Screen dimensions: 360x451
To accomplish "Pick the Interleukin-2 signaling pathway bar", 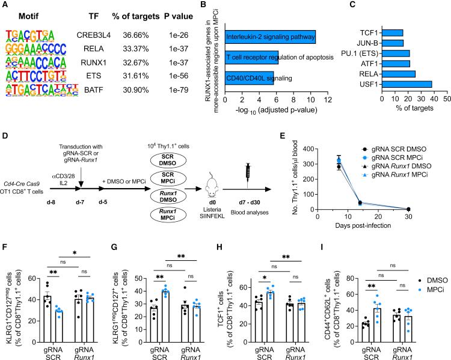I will click(269, 38).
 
